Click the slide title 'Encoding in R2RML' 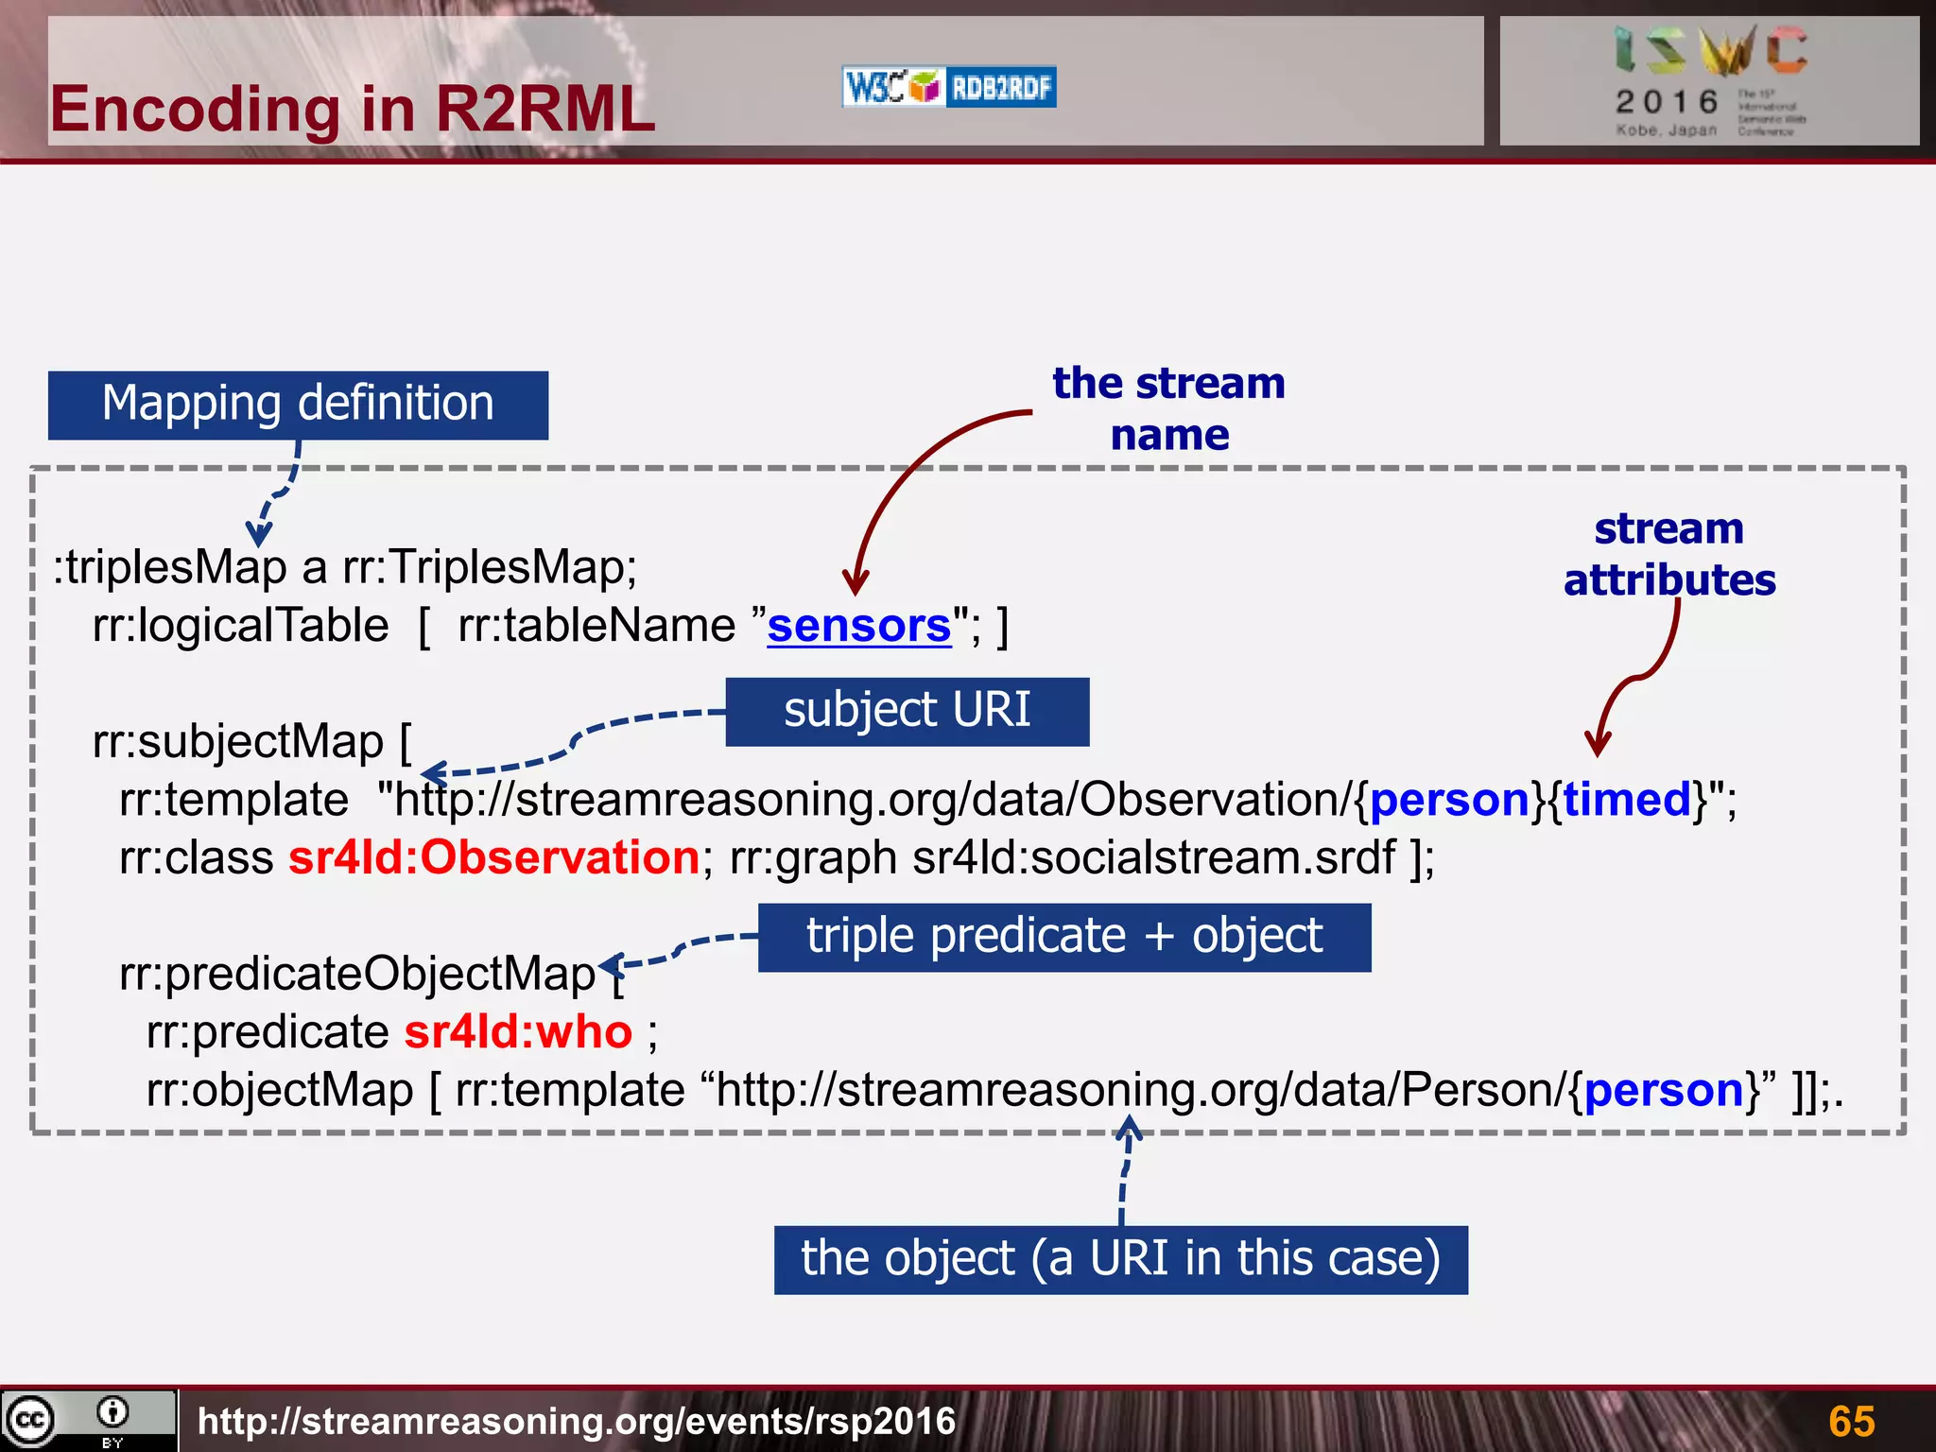click(x=352, y=109)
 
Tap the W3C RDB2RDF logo click(x=948, y=88)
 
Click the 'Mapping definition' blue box click(x=298, y=405)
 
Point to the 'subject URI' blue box click(x=907, y=711)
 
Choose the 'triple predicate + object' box click(x=1063, y=937)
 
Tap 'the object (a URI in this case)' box click(x=1120, y=1259)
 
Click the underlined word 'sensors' click(x=858, y=626)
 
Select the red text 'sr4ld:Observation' click(x=493, y=858)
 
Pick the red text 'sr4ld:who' click(x=518, y=1032)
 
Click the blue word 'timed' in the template click(x=1627, y=800)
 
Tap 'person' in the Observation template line click(x=1449, y=800)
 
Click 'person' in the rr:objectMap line click(x=1664, y=1090)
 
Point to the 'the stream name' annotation click(x=1169, y=408)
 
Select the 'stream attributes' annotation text click(x=1669, y=554)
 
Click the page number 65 click(x=1851, y=1421)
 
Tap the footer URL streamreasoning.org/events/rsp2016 click(x=577, y=1421)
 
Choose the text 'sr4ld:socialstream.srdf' click(x=1153, y=858)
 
